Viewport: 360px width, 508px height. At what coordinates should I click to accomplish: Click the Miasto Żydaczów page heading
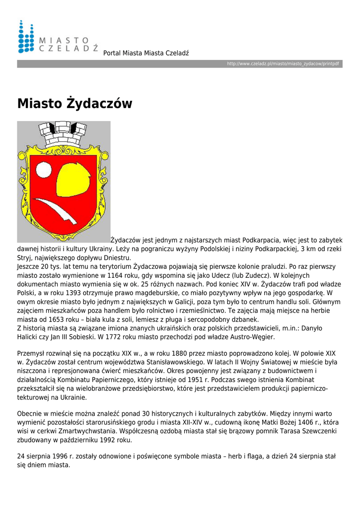[x=75, y=104]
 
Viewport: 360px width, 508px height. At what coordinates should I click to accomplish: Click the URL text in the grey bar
[x=283, y=64]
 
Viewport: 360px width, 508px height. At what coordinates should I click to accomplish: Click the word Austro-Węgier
[x=250, y=337]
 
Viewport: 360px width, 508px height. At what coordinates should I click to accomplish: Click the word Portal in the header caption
[x=112, y=53]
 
